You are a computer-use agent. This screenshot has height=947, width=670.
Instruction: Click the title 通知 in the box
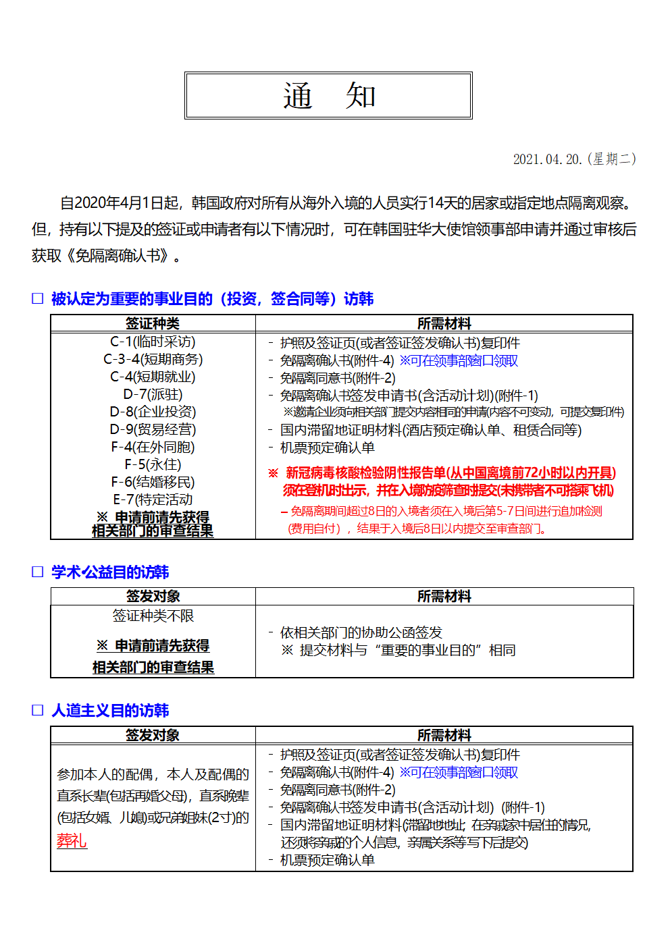[x=329, y=96]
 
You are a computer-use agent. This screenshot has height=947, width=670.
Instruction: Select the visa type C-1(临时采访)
[x=153, y=342]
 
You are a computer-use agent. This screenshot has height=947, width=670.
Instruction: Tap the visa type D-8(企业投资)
[x=153, y=412]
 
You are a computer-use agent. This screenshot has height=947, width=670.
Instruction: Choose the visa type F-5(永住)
[x=153, y=464]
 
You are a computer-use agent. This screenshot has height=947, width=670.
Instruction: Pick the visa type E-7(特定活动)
[x=153, y=499]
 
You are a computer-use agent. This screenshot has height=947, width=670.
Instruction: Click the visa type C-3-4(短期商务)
[x=153, y=360]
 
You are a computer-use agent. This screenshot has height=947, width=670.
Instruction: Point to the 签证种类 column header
[x=153, y=323]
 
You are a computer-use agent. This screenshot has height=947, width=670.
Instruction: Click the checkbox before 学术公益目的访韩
[x=38, y=572]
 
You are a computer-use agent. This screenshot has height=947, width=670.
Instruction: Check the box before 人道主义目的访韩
[x=38, y=710]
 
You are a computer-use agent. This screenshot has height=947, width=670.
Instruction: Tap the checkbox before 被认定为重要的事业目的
[x=38, y=298]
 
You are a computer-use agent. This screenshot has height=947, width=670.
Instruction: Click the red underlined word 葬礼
[x=72, y=841]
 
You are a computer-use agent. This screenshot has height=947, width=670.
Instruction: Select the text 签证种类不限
[x=153, y=616]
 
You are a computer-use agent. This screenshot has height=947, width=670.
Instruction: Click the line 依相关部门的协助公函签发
[x=361, y=632]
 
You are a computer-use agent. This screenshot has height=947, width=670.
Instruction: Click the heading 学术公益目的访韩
[x=110, y=572]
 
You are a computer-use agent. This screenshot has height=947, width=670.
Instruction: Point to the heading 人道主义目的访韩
[x=110, y=711]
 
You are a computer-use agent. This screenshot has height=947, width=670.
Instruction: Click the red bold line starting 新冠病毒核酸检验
[x=450, y=473]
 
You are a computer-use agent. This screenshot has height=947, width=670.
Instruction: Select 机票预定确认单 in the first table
[x=328, y=448]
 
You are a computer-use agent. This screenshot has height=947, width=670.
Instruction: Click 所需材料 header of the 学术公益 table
[x=444, y=597]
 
